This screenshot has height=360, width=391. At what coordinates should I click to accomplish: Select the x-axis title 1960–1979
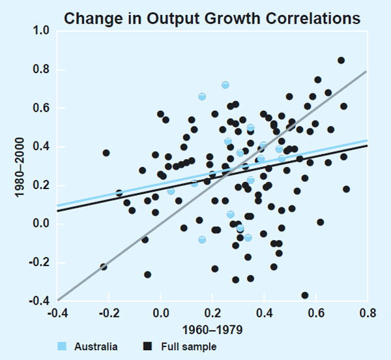212,329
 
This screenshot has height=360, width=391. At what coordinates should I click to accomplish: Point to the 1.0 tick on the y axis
41,31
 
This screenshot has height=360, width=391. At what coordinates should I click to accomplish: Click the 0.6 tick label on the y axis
41,108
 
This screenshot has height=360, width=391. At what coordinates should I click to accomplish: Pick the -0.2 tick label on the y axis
40,263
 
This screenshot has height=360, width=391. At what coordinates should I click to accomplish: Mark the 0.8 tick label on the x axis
367,313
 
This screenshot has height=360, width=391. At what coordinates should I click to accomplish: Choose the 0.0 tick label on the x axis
160,313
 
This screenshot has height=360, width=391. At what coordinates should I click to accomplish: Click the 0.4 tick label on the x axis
264,313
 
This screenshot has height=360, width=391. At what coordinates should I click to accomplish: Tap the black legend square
147,346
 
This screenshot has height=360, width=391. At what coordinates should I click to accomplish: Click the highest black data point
341,60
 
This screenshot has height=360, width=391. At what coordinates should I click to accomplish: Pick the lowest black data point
304,295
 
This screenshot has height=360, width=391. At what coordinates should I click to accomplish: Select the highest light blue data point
225,85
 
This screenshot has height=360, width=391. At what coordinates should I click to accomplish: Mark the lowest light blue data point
202,239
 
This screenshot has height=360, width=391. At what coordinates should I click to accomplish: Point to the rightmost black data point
346,189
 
